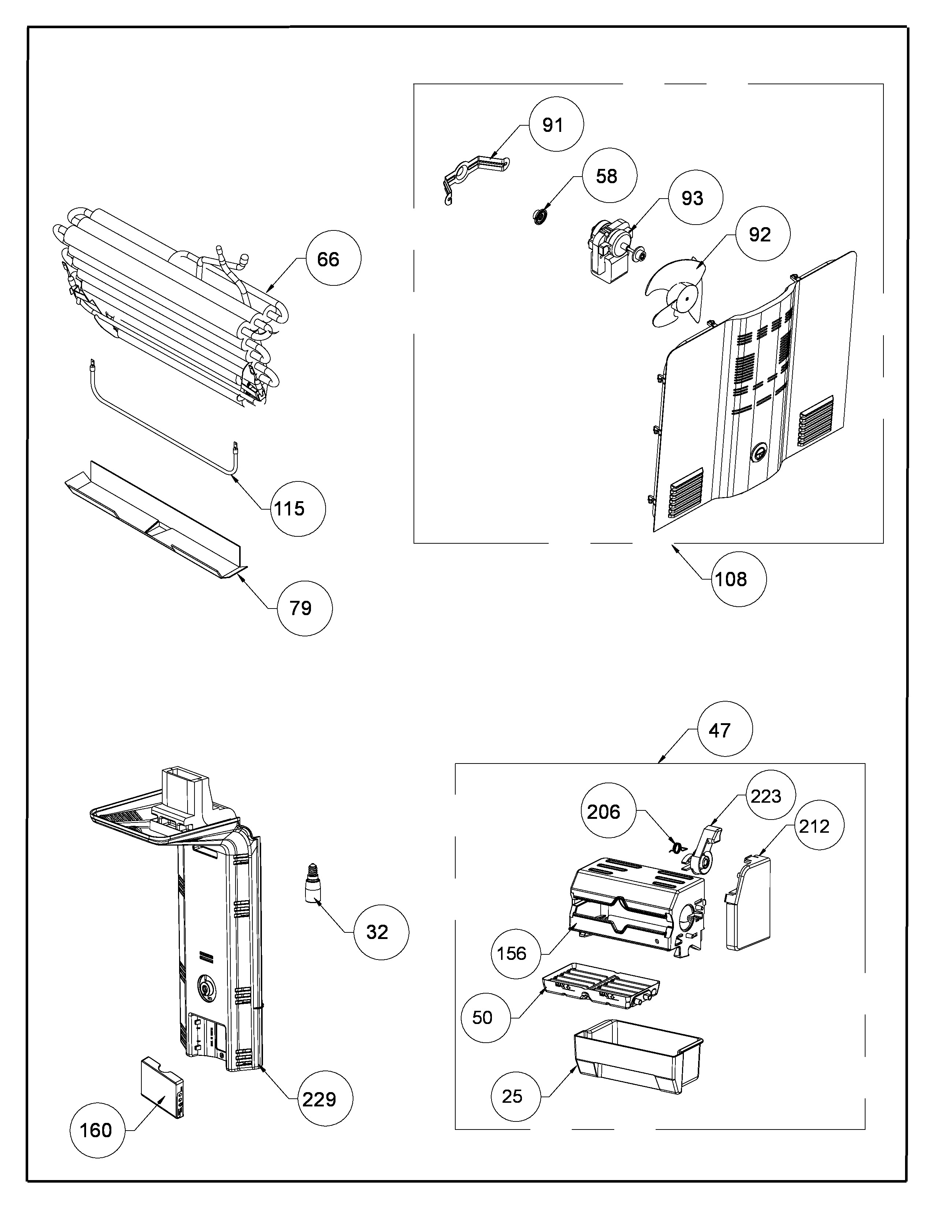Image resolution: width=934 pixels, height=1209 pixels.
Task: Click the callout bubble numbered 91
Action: click(556, 125)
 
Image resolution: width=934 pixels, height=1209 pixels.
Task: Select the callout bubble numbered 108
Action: click(739, 579)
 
